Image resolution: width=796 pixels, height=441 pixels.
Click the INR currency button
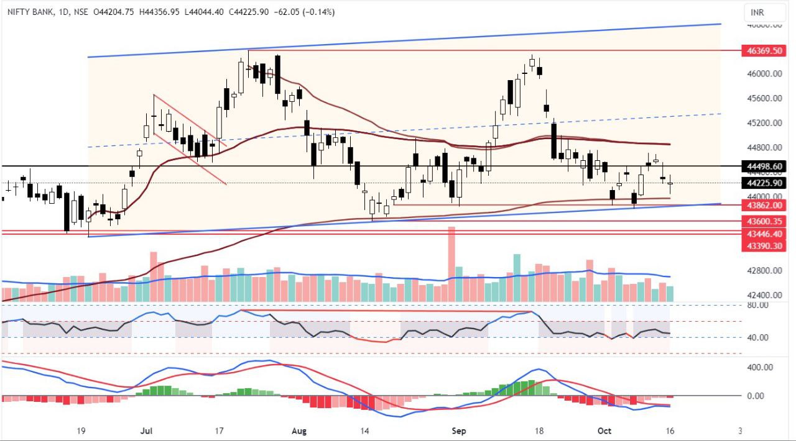click(757, 12)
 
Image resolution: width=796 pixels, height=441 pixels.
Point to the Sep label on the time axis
click(459, 430)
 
